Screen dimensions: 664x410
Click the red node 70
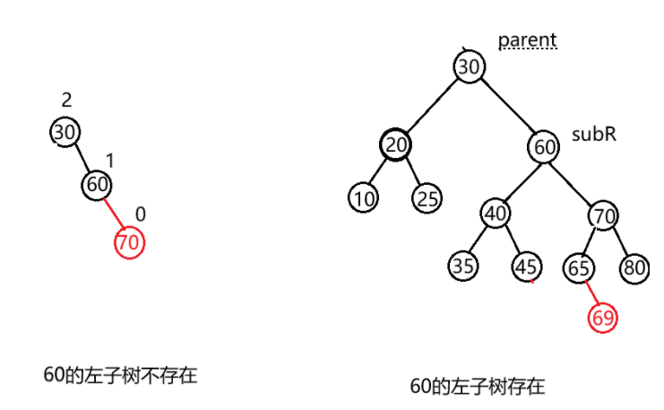pyautogui.click(x=129, y=241)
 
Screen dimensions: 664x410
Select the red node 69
pyautogui.click(x=604, y=317)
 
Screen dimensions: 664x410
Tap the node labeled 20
pyautogui.click(x=394, y=145)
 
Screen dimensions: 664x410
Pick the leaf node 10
pyautogui.click(x=363, y=198)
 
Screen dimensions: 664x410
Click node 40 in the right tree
pyautogui.click(x=495, y=214)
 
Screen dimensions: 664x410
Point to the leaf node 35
pyautogui.click(x=463, y=266)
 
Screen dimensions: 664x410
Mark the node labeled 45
pyautogui.click(x=526, y=266)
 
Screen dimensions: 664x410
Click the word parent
pyautogui.click(x=528, y=40)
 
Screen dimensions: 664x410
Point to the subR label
pyautogui.click(x=594, y=135)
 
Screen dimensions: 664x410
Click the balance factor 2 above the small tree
pyautogui.click(x=66, y=100)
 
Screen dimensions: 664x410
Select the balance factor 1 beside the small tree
pyautogui.click(x=110, y=161)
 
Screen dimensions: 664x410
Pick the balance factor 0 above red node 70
pyautogui.click(x=141, y=214)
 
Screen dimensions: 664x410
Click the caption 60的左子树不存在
pyautogui.click(x=119, y=375)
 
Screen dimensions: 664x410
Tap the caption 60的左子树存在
pyautogui.click(x=477, y=387)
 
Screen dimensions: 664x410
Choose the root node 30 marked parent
pyautogui.click(x=468, y=66)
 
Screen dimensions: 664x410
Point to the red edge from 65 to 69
pyautogui.click(x=591, y=293)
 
